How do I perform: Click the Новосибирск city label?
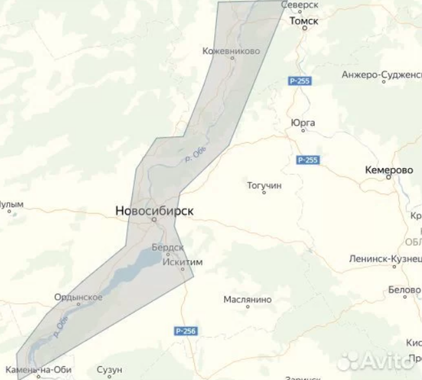[x=153, y=210]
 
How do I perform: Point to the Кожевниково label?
[x=230, y=51]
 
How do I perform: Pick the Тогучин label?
[x=265, y=185]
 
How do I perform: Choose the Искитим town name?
[x=183, y=262]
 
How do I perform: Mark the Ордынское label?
[x=79, y=297]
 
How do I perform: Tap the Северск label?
[x=300, y=5]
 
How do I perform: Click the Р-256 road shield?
[x=186, y=331]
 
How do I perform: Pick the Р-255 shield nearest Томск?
[x=299, y=81]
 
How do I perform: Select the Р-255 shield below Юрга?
[x=307, y=159]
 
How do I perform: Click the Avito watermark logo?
[x=380, y=359]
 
